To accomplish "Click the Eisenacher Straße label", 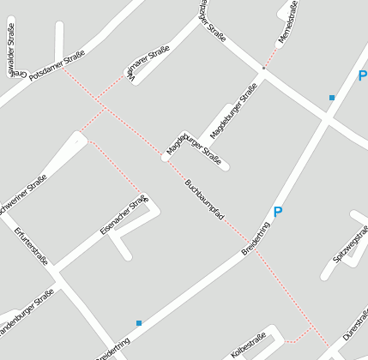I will [124, 214].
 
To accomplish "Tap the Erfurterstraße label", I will [31, 247].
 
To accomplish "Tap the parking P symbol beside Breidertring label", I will [277, 211].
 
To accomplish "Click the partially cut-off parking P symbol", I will [362, 75].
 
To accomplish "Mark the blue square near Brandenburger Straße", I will [138, 322].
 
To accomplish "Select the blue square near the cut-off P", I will [331, 98].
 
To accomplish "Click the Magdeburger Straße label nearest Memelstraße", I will [233, 115].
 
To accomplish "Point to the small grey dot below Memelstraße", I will [263, 68].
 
